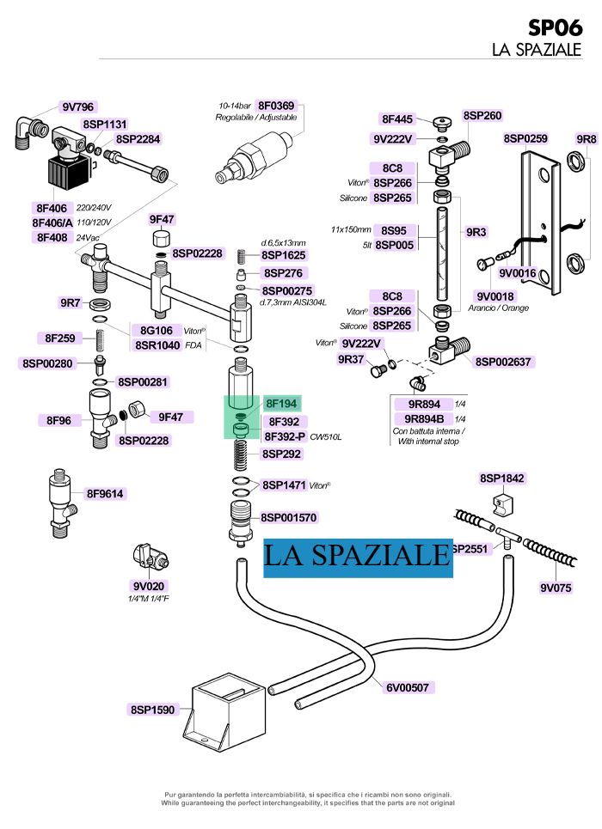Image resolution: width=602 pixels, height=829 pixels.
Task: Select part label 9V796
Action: (77, 107)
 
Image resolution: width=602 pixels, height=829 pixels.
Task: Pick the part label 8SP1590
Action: (152, 710)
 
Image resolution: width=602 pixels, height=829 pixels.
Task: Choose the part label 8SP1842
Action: (502, 479)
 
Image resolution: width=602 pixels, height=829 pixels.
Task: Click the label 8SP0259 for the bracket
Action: (525, 138)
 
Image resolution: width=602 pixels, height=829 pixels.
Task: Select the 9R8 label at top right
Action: (586, 138)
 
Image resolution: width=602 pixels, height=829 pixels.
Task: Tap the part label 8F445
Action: (398, 119)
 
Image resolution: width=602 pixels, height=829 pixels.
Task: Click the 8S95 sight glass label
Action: (394, 230)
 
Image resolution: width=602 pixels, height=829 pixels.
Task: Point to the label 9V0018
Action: (495, 296)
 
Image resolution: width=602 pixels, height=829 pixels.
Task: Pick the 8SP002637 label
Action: (504, 363)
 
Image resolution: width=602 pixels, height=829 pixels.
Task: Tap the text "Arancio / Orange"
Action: (501, 308)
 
